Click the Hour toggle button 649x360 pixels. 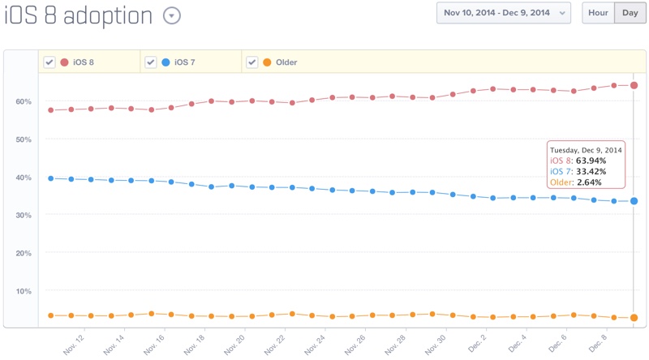599,13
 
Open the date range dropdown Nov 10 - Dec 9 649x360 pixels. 504,13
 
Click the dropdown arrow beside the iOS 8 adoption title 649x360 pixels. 171,15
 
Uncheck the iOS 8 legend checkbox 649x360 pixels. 49,62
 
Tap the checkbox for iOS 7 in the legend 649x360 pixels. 150,62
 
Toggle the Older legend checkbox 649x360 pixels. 252,62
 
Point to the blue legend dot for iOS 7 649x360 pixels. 165,62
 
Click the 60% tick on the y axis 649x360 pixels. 23,101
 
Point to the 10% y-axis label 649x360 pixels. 23,291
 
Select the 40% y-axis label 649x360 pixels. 23,178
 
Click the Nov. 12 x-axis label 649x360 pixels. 75,345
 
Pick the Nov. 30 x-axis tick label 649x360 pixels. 436,345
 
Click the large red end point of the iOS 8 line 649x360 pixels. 634,85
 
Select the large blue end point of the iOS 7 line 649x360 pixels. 634,201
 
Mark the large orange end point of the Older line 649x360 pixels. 634,318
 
